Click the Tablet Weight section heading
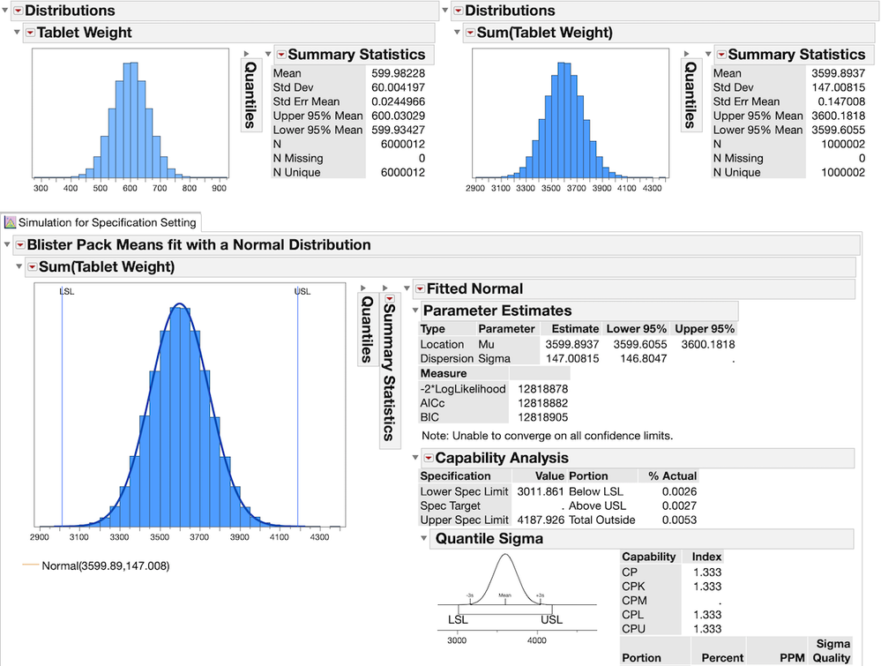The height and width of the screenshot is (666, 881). pos(84,33)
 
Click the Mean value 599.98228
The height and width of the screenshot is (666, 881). pos(399,73)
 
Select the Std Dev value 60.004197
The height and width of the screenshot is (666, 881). pos(399,87)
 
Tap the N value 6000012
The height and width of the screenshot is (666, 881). pos(402,144)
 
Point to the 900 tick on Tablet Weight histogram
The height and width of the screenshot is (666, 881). pos(219,189)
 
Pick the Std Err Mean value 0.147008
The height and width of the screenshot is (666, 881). pos(842,101)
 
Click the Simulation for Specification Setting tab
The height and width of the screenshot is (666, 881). pos(107,222)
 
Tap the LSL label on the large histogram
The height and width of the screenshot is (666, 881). pos(66,292)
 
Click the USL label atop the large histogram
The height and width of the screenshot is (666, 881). pos(302,292)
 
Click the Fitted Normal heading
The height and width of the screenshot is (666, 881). pos(474,288)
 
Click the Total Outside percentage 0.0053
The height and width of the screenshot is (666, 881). pos(679,520)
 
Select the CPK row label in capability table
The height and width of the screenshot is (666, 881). pos(634,587)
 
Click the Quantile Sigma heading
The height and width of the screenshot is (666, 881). pos(489,538)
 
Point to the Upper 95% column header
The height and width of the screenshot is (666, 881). pos(704,328)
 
